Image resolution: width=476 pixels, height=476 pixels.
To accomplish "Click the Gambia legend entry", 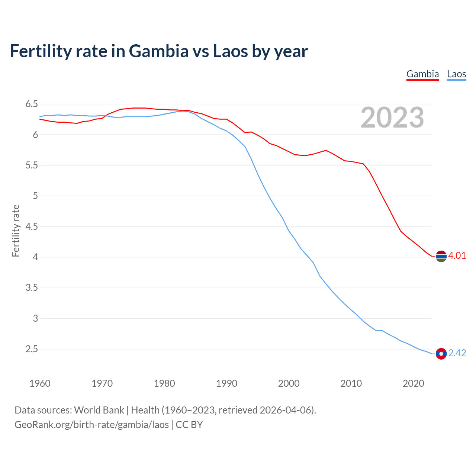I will (x=422, y=74).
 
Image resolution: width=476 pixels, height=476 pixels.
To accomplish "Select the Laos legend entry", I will (x=456, y=74).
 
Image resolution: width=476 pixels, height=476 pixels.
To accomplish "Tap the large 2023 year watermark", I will (x=392, y=118).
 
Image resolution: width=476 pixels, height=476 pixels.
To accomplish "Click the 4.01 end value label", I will (x=457, y=255).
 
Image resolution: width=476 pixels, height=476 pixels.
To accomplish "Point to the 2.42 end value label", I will (x=457, y=353).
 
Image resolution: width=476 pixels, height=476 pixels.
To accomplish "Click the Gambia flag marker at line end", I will (x=441, y=256).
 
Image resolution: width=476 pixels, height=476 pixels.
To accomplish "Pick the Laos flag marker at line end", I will (x=441, y=354).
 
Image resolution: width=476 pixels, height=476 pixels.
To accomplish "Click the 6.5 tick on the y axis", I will (x=32, y=104).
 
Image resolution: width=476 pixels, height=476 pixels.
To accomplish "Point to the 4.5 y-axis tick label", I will (x=32, y=226).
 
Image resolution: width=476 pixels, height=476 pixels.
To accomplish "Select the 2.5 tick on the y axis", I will (x=32, y=349).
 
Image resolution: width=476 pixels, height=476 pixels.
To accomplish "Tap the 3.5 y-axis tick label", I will (x=32, y=288).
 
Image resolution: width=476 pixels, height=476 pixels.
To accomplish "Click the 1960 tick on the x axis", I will (x=40, y=383).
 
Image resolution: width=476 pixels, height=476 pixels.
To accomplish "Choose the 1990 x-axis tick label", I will (x=226, y=383).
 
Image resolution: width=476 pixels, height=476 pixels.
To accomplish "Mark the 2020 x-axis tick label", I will (x=413, y=383).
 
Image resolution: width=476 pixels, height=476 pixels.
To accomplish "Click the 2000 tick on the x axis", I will (x=289, y=383).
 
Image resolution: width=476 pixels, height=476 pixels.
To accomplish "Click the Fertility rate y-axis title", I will (x=16, y=231).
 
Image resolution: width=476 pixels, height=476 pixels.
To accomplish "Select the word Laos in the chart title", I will (x=230, y=51).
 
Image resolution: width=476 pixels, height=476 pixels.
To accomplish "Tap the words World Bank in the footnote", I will (x=99, y=410).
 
